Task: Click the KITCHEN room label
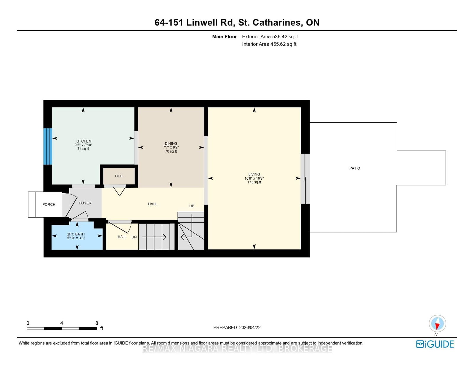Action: (83, 141)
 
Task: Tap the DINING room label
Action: (171, 144)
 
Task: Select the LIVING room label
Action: (254, 174)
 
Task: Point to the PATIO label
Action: (355, 168)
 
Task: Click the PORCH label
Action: (49, 204)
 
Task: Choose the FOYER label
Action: (85, 203)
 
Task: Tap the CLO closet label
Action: (119, 176)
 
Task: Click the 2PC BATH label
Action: (76, 234)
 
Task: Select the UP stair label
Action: (192, 206)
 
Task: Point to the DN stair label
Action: (134, 237)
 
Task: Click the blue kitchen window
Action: (48, 146)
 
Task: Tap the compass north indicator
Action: (437, 324)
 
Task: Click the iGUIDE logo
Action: (435, 344)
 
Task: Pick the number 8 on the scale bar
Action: (97, 323)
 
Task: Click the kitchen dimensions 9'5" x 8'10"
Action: (83, 145)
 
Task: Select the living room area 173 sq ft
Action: (254, 182)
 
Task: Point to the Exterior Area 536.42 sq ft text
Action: (270, 37)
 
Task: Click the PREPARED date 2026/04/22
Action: (250, 328)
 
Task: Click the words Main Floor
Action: (225, 37)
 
